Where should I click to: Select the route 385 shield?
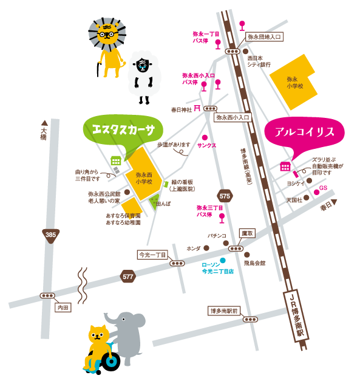tap(51, 235)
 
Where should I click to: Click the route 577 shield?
tap(127, 277)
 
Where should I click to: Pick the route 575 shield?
tap(225, 196)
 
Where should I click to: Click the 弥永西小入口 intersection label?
tap(234, 117)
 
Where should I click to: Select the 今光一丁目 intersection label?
tap(152, 255)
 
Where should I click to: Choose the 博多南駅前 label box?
tap(225, 311)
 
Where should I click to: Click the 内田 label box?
tap(63, 308)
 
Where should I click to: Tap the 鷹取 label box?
tap(247, 233)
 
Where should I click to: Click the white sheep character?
tap(143, 73)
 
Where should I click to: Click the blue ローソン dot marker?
tap(223, 261)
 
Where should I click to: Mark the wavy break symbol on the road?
tap(83, 286)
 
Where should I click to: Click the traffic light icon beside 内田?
tap(47, 296)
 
